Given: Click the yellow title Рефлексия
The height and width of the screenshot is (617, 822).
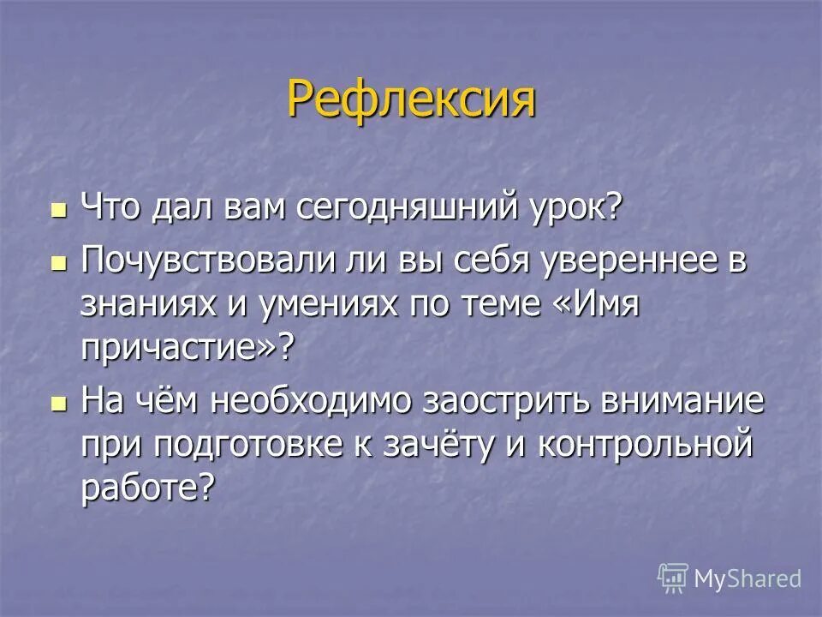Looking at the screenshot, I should pos(411,100).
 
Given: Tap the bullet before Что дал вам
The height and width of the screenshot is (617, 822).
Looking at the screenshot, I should pos(58,210).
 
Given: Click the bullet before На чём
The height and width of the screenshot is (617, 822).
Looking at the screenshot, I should pos(58,403).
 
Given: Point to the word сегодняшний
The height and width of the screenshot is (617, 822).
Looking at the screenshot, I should pos(413,210).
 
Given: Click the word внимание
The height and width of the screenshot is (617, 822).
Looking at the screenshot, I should pos(686,401).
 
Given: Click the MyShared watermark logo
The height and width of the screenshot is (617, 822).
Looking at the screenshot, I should pos(730,578).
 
